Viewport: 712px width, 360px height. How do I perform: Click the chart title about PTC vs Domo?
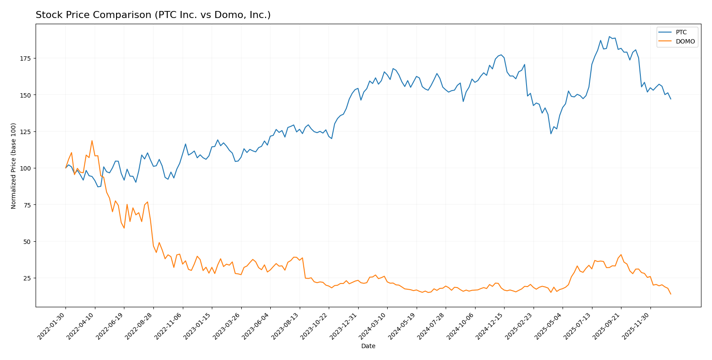[x=153, y=15]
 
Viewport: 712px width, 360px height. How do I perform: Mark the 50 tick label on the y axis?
[x=29, y=242]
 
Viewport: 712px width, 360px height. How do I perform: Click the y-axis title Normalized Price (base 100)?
[x=14, y=166]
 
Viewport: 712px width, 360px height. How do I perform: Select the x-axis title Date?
[x=368, y=346]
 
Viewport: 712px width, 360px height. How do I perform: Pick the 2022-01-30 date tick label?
[x=52, y=326]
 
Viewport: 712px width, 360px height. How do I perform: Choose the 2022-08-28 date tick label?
[x=139, y=326]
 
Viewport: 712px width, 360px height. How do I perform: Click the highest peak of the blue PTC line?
[x=609, y=36]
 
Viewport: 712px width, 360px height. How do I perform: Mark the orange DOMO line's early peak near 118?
[x=92, y=141]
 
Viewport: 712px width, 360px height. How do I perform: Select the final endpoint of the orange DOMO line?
[x=671, y=294]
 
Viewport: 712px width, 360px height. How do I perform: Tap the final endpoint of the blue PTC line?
[x=671, y=99]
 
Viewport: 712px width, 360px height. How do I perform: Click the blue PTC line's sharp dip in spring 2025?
[x=551, y=134]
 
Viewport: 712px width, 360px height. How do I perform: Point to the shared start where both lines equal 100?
[x=66, y=168]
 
